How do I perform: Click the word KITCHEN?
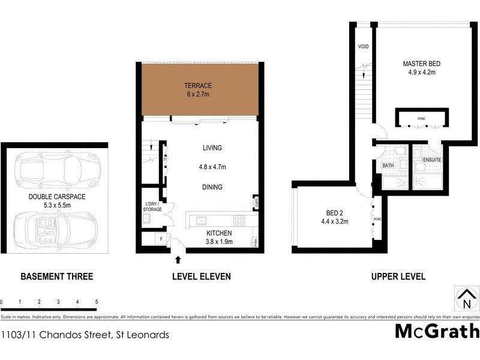coord(219,233)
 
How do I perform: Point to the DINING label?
coord(212,187)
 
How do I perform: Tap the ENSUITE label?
coord(432,160)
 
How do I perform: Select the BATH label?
coord(388,166)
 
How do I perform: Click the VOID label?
coord(363,47)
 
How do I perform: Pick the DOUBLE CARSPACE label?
coord(54,196)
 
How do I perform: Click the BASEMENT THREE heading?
coord(57,277)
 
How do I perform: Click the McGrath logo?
coord(437,332)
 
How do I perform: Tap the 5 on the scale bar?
coord(97,302)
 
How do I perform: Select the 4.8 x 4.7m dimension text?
coord(212,167)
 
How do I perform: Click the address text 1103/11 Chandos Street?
coord(85,335)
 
